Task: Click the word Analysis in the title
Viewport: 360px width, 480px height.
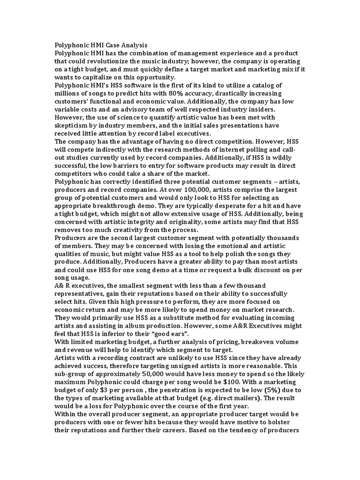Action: (x=133, y=45)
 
